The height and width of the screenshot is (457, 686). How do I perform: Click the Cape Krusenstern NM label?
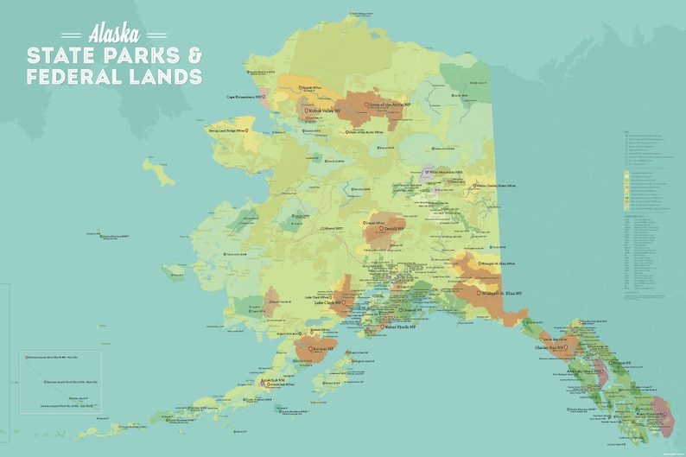click(x=247, y=97)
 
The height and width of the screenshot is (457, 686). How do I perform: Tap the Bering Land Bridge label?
click(x=226, y=130)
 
